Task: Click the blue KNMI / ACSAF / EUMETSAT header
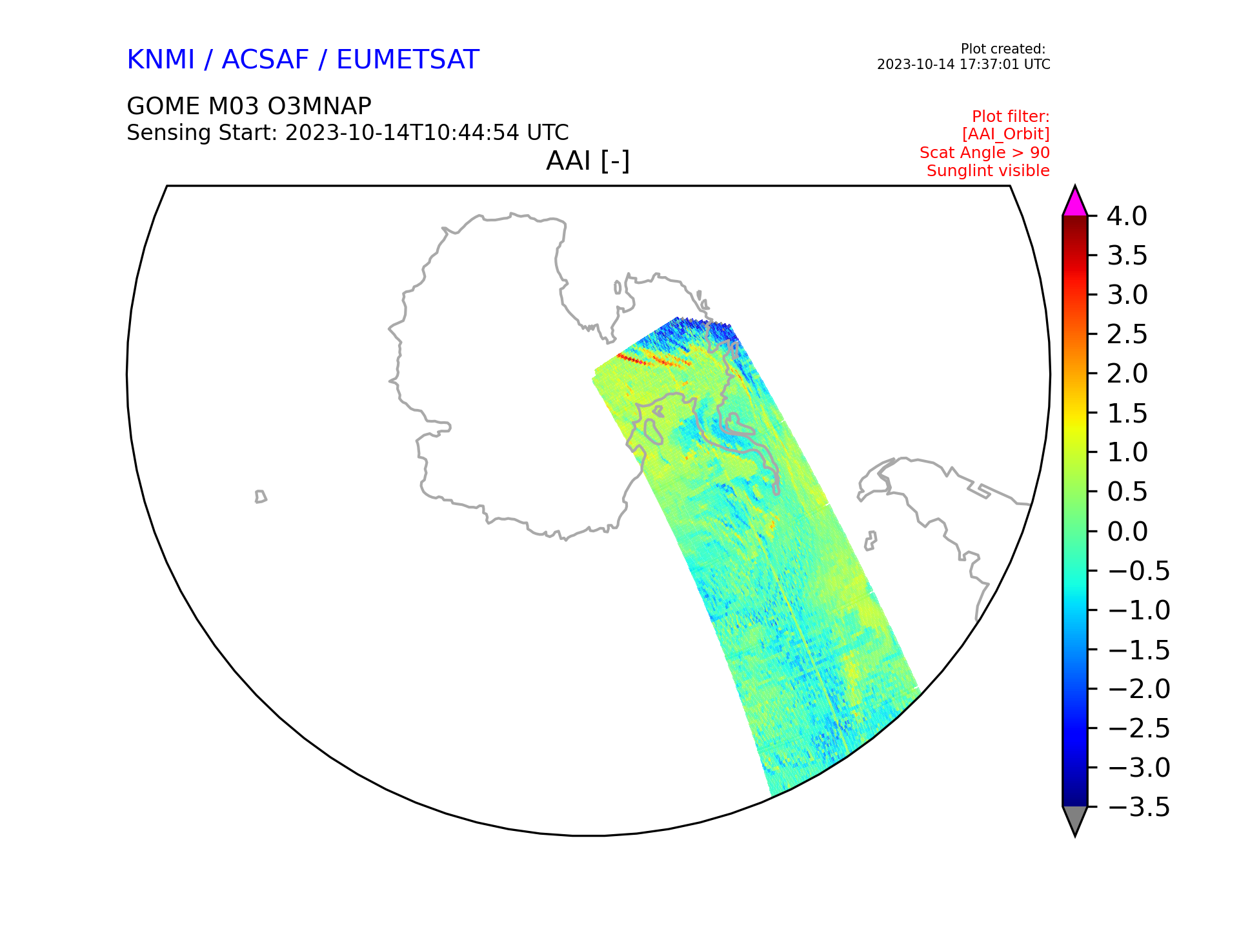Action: tap(303, 60)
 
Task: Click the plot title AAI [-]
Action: tap(588, 161)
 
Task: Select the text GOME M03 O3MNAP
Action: tap(249, 106)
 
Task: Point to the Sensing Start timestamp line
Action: tap(348, 133)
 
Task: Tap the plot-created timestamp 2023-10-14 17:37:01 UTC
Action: tap(963, 65)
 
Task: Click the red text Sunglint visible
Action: tap(988, 171)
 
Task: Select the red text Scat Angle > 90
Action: tap(985, 153)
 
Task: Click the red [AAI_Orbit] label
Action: tap(1006, 134)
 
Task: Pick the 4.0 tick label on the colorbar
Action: tap(1127, 217)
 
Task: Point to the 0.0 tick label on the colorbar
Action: tap(1127, 532)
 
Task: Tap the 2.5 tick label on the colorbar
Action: tap(1127, 335)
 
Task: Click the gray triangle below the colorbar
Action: tap(1075, 820)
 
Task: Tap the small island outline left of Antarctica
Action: tap(261, 496)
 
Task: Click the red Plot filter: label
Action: tap(1011, 117)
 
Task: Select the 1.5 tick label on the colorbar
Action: tap(1127, 414)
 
